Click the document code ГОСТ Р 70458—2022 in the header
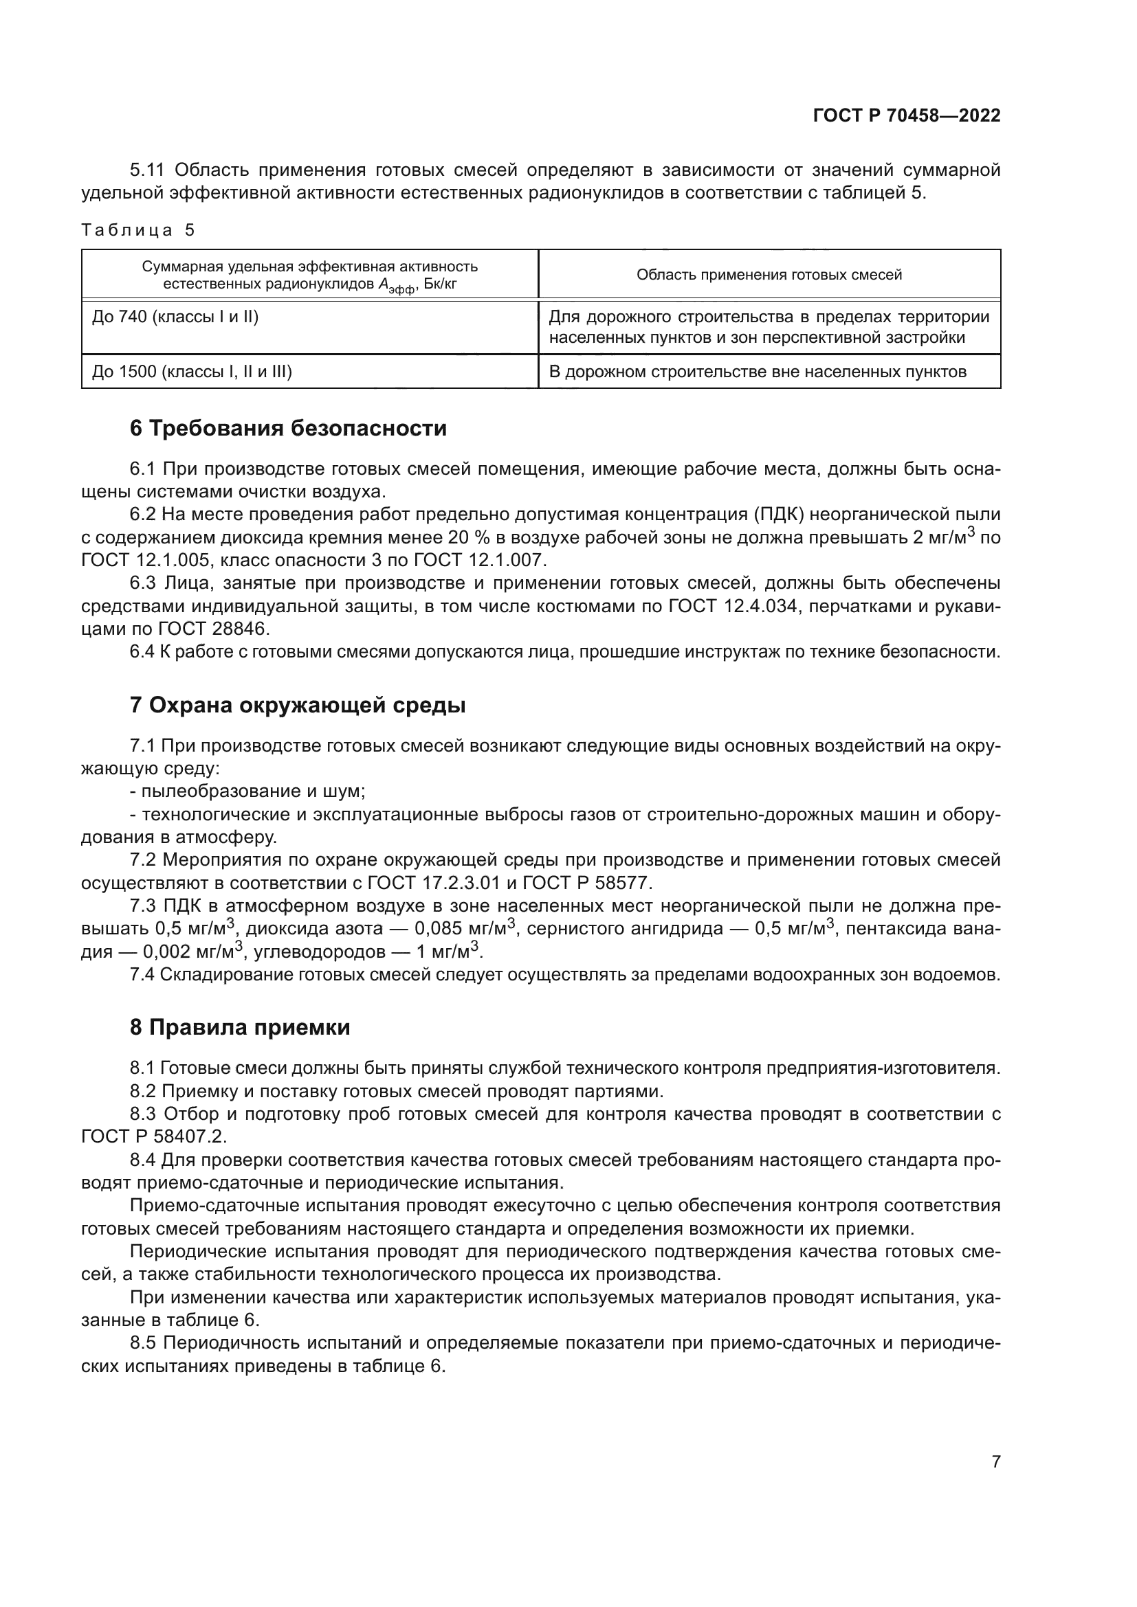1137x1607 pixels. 907,115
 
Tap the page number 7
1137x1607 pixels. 995,1461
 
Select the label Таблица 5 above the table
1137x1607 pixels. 138,230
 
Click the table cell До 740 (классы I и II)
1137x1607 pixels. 175,317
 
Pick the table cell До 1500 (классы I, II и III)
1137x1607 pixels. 192,372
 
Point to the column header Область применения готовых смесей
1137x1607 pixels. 769,275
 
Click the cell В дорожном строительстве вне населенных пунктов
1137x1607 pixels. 757,372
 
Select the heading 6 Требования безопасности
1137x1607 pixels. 288,427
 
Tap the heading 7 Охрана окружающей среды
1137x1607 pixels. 298,705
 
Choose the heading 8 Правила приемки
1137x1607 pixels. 239,1026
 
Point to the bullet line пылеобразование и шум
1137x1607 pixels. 252,791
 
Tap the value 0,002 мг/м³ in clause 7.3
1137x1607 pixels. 192,952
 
